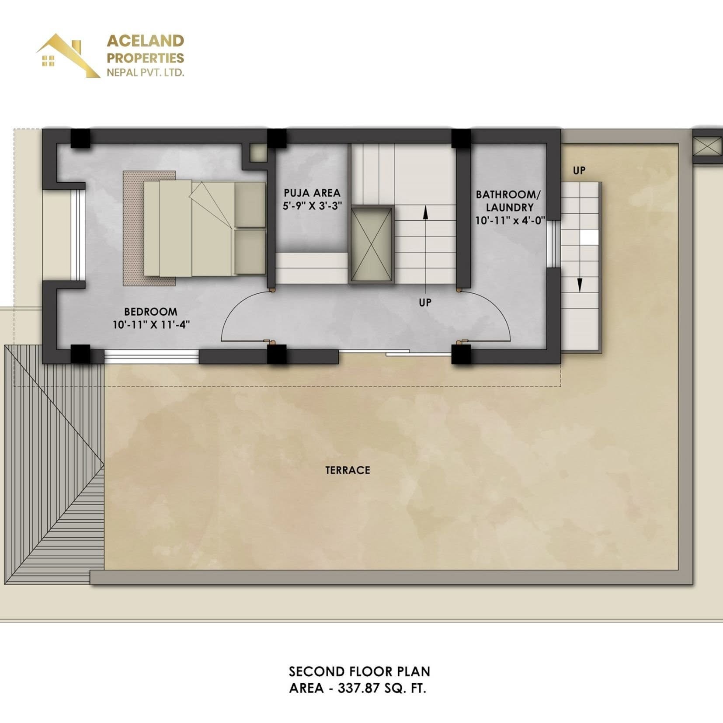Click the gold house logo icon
point(68,56)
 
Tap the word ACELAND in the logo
point(146,41)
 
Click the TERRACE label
point(348,470)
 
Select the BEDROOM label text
point(151,312)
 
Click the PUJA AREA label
point(312,193)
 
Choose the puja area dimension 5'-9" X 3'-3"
point(312,205)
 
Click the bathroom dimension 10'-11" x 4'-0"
point(510,220)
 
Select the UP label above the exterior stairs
point(579,170)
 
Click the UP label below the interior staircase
point(425,302)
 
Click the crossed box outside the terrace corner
point(708,145)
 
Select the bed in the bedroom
point(205,228)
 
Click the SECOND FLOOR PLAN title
point(359,671)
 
